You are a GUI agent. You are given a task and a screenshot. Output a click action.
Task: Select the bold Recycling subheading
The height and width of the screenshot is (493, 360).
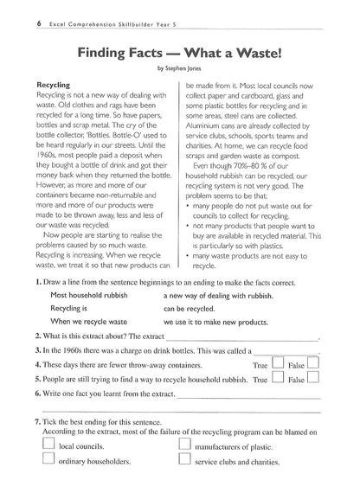(55, 86)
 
